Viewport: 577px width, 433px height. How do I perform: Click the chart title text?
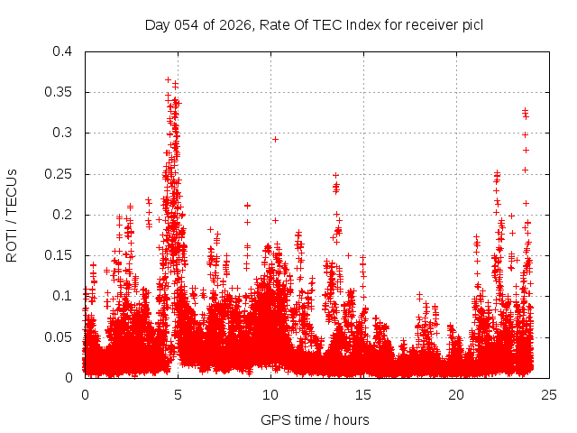click(314, 24)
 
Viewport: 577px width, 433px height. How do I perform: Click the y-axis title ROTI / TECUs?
click(12, 215)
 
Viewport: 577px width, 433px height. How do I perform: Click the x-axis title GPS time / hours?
click(314, 419)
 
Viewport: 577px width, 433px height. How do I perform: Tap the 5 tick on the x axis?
click(179, 394)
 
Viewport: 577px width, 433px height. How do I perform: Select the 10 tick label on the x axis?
click(270, 394)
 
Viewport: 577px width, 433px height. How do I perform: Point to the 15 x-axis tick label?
click(363, 394)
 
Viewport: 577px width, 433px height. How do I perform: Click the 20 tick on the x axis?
click(456, 394)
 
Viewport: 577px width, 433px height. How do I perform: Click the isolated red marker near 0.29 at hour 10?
click(275, 139)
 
